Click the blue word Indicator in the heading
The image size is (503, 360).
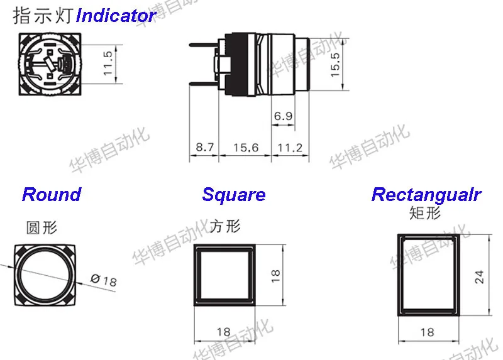click(x=116, y=16)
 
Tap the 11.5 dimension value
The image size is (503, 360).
click(x=108, y=63)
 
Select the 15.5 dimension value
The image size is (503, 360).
click(x=335, y=65)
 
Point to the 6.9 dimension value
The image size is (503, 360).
click(x=284, y=116)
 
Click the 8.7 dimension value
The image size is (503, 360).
click(x=205, y=147)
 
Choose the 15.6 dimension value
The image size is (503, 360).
click(x=246, y=148)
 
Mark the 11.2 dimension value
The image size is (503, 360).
click(x=290, y=148)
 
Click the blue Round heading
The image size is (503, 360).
click(x=52, y=195)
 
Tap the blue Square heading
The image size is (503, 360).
click(x=234, y=195)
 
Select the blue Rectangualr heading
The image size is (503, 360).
click(x=426, y=195)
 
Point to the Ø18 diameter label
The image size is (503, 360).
click(x=104, y=280)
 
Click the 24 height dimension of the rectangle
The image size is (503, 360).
click(x=479, y=277)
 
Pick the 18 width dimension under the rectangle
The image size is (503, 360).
click(x=427, y=332)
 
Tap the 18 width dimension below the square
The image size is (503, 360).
click(x=224, y=332)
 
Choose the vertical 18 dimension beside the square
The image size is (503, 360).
click(x=275, y=276)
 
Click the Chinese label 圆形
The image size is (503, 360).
click(x=41, y=227)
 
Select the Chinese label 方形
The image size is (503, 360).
click(x=225, y=226)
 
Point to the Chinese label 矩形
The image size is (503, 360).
click(x=425, y=213)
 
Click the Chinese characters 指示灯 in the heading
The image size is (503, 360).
click(x=43, y=16)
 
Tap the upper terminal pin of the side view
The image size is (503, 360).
click(x=204, y=45)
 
